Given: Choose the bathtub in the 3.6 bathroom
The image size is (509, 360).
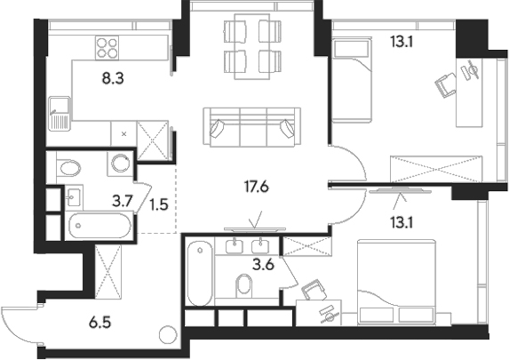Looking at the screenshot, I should click(x=200, y=271).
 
